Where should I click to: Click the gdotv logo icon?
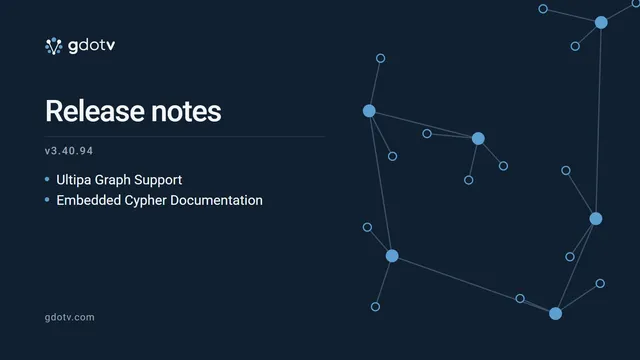pos(53,46)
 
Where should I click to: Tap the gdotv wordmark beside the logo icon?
pos(91,46)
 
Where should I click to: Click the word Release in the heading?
pos(95,111)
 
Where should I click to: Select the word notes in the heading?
pos(186,112)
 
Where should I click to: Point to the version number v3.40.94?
pos(69,151)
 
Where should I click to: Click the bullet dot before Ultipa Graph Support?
pos(47,179)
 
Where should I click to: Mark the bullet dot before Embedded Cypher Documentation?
pos(47,200)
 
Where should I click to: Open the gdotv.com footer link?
pos(69,317)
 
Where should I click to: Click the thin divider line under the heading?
pos(185,136)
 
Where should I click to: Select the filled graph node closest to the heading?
pos(369,111)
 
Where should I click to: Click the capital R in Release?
pos(54,111)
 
